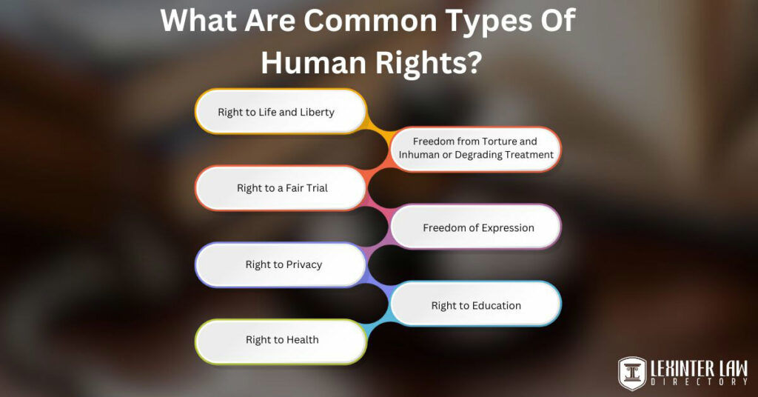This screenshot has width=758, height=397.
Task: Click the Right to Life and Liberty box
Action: (281, 112)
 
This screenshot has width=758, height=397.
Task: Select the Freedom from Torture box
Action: (475, 148)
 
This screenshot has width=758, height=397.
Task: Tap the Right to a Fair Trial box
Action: (281, 188)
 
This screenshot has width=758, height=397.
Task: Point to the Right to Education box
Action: (475, 305)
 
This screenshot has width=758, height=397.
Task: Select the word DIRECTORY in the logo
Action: (700, 382)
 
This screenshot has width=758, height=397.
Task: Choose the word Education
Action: (497, 305)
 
